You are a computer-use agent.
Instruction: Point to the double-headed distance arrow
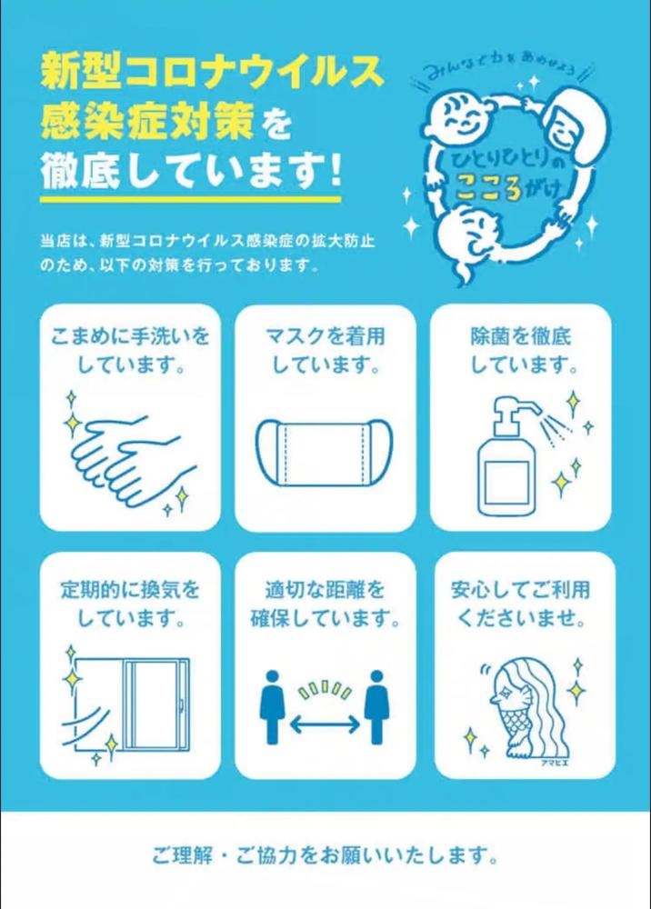[325, 723]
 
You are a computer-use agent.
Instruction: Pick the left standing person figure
[273, 706]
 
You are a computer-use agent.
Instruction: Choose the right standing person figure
[376, 706]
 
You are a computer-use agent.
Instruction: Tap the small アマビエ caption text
[554, 763]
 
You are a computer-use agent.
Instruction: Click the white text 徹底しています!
[191, 172]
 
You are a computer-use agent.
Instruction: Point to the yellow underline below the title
[190, 199]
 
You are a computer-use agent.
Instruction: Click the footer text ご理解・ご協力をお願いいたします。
[325, 855]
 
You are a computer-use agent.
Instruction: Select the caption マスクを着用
[325, 335]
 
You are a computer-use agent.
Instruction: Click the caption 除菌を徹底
[520, 335]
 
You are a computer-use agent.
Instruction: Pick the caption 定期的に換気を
[130, 590]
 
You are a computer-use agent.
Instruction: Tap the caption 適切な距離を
[325, 590]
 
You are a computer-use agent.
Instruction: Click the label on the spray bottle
[506, 479]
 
